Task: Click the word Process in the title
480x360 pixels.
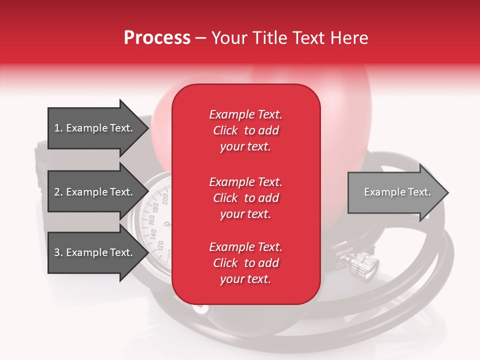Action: tap(157, 38)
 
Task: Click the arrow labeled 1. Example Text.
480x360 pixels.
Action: tap(98, 128)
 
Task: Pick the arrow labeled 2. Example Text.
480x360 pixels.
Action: tap(98, 191)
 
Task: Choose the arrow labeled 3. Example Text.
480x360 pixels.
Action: tap(98, 252)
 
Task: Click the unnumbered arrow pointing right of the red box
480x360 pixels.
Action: tap(398, 192)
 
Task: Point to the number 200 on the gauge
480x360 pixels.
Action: tap(165, 198)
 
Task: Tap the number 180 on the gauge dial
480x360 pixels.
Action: tap(155, 208)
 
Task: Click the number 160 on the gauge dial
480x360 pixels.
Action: tap(151, 220)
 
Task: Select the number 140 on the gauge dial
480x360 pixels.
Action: tap(153, 234)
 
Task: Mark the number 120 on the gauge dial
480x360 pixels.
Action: tap(160, 246)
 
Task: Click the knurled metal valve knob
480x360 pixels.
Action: tap(364, 265)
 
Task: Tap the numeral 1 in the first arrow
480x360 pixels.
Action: tap(56, 128)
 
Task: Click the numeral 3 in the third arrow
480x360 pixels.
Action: tap(56, 252)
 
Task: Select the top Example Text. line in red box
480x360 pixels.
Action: tap(245, 114)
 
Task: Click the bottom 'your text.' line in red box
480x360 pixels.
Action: tap(245, 279)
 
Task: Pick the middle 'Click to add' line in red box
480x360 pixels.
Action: tap(246, 198)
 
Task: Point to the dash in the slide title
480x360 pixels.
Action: tap(200, 38)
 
